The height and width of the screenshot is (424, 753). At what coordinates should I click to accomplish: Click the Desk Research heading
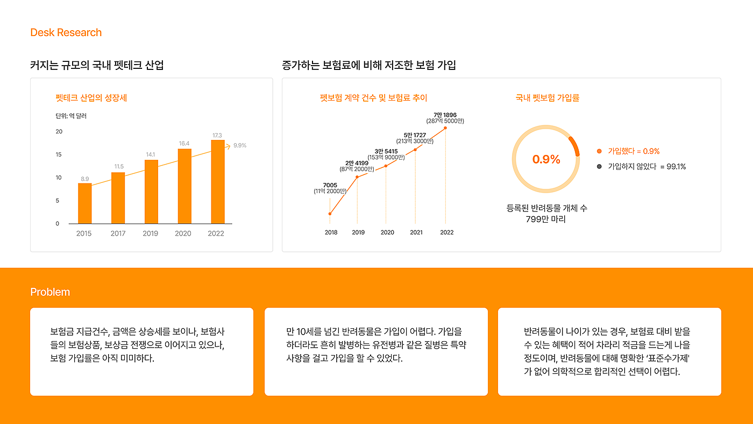coord(66,33)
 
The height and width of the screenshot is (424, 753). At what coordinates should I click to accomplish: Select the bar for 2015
coord(84,203)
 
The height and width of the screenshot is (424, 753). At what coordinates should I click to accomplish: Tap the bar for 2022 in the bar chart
coord(218,182)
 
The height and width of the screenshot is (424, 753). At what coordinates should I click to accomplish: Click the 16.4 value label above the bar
coord(184,144)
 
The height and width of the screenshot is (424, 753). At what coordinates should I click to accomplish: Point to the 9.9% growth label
coord(240,146)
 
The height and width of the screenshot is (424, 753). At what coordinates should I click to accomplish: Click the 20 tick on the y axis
coord(59,132)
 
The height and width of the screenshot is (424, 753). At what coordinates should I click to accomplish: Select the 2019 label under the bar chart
coord(151,234)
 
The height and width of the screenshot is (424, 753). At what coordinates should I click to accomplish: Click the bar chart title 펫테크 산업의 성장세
coord(91,98)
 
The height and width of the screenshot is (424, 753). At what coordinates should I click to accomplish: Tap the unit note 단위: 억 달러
coord(70,116)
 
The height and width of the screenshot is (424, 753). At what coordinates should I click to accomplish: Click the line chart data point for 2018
coord(330,214)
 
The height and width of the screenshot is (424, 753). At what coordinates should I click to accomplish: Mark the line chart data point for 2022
coord(445,128)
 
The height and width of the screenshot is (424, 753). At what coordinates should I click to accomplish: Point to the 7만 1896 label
coord(445,115)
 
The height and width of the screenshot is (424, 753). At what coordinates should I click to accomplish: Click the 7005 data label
coord(330,185)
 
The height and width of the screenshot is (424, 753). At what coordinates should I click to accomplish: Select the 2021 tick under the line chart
coord(416,232)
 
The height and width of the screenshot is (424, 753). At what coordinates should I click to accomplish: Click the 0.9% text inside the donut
coord(546,159)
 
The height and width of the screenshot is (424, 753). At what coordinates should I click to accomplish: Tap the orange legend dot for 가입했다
coord(599,152)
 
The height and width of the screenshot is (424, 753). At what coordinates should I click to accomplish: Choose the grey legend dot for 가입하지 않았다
coord(599,167)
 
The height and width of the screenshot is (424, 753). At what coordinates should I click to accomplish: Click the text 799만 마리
coord(546,219)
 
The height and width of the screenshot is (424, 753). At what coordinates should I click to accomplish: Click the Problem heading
coord(50,292)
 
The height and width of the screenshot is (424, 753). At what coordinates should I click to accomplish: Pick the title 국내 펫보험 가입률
coord(547,98)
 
